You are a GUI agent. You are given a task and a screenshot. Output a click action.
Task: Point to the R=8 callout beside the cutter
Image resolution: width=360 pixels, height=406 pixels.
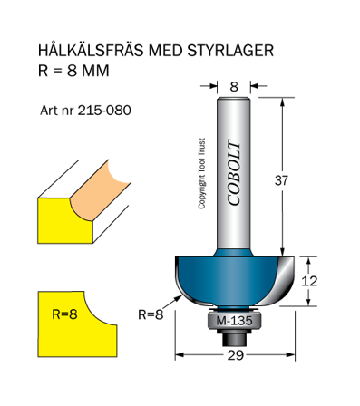click(151, 314)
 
